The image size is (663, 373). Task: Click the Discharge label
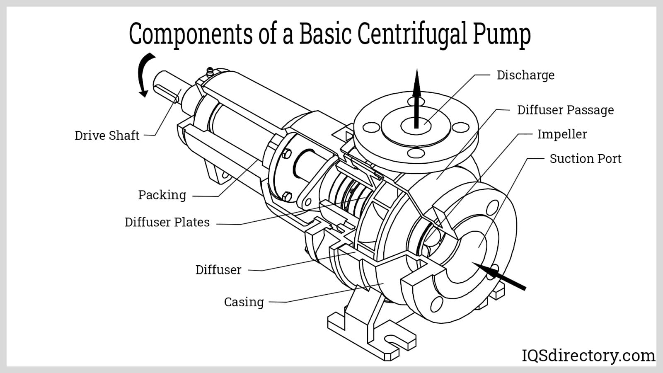tap(525, 75)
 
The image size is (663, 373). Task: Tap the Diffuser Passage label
tap(565, 110)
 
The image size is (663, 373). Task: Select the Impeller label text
tap(562, 134)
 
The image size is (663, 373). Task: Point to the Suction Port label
tap(585, 159)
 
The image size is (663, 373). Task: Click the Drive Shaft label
tap(106, 136)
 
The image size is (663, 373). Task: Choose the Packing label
tap(162, 195)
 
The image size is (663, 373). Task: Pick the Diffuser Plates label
tap(167, 222)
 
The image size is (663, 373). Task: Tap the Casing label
tap(244, 302)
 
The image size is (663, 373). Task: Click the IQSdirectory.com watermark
tap(588, 356)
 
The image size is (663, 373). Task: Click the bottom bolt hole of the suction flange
tap(436, 305)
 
